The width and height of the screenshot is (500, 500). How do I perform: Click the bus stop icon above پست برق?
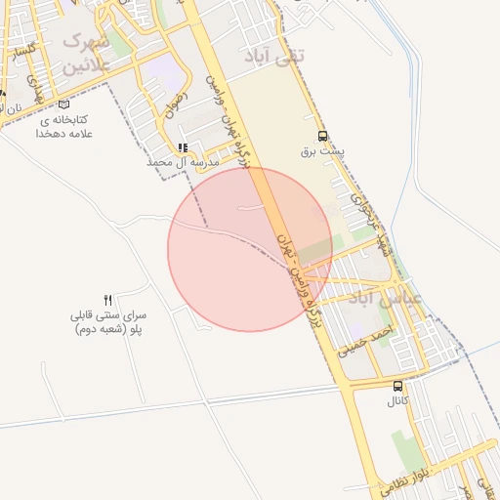pyautogui.click(x=323, y=138)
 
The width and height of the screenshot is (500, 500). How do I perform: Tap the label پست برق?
pyautogui.click(x=323, y=154)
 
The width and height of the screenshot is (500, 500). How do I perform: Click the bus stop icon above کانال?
pyautogui.click(x=397, y=386)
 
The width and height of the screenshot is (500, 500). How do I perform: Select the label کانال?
pyautogui.click(x=397, y=401)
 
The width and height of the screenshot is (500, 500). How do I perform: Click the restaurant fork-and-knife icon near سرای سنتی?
pyautogui.click(x=108, y=300)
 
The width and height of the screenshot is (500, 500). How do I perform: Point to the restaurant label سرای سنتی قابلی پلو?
pyautogui.click(x=108, y=323)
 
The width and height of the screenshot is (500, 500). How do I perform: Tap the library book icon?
pyautogui.click(x=64, y=104)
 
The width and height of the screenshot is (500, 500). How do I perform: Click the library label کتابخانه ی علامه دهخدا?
pyautogui.click(x=64, y=125)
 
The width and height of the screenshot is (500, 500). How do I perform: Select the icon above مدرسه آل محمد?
pyautogui.click(x=182, y=148)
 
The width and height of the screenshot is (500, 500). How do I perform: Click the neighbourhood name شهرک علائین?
pyautogui.click(x=84, y=55)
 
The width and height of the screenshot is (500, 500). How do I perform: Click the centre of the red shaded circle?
pyautogui.click(x=250, y=250)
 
